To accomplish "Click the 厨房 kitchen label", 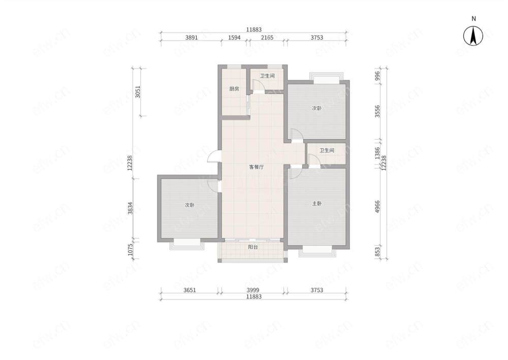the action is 234,89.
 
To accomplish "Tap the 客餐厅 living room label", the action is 256,167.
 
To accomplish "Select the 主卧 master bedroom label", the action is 317,204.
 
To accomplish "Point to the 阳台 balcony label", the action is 253,247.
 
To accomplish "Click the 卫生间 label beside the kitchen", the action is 267,76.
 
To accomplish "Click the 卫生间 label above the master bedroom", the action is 327,150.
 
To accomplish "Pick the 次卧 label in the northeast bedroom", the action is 317,108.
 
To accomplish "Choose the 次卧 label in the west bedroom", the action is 189,205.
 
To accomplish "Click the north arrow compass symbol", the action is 473,36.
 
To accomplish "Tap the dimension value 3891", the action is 192,38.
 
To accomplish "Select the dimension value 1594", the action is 234,38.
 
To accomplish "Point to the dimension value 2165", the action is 267,38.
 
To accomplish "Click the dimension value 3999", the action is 252,290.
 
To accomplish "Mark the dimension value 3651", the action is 189,290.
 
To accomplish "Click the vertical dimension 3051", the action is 138,92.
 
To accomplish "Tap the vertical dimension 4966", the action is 377,207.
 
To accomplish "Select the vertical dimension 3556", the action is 377,111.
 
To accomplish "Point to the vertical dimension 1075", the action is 131,250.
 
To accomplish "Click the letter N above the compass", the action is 473,19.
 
